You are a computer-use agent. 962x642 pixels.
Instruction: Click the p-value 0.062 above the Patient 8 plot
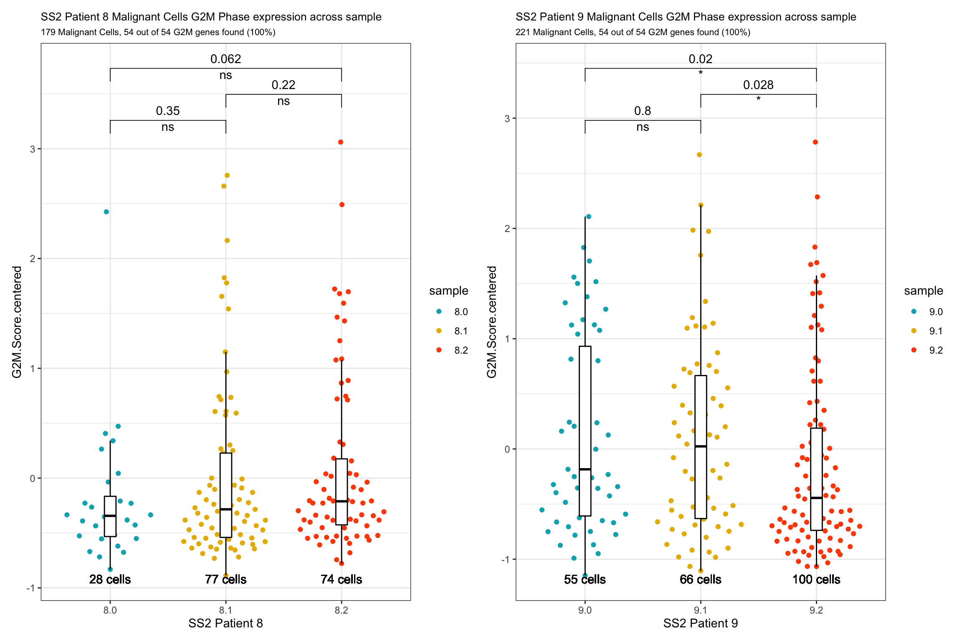click(x=225, y=59)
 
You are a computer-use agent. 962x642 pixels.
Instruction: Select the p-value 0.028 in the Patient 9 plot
click(x=758, y=85)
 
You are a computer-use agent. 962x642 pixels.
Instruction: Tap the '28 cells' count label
click(x=110, y=579)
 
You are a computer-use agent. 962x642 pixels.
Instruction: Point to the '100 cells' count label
click(x=816, y=579)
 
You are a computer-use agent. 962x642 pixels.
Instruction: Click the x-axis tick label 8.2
click(x=341, y=610)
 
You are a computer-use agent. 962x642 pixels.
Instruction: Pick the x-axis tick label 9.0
click(x=585, y=610)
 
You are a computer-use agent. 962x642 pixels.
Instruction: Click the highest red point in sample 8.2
click(x=341, y=142)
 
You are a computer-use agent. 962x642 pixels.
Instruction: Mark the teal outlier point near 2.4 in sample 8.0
click(x=106, y=212)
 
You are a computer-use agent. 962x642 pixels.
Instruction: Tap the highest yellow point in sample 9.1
click(x=699, y=155)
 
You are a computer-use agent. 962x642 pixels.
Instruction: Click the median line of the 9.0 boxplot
click(x=585, y=469)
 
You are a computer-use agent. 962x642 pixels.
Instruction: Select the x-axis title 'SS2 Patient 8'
click(x=225, y=623)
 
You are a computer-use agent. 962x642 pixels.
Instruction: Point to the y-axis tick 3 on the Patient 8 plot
click(x=32, y=149)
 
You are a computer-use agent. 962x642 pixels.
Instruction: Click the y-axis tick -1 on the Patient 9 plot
click(x=506, y=560)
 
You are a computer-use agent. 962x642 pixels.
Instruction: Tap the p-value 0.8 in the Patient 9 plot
click(x=642, y=111)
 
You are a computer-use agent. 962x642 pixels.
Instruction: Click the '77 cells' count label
click(x=225, y=579)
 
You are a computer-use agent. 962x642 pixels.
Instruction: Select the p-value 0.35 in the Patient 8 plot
click(x=167, y=111)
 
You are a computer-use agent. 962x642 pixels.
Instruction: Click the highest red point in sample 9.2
click(x=815, y=142)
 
